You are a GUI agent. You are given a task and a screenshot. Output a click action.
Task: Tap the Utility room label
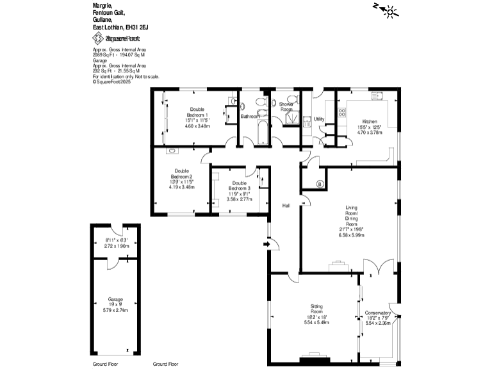[x=319, y=120]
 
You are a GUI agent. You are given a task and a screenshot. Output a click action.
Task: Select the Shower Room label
[x=286, y=106]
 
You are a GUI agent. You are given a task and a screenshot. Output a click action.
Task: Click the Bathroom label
[x=250, y=117]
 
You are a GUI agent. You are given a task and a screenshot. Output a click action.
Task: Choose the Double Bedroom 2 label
[x=181, y=173]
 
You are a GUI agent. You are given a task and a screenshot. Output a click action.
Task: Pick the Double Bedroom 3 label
[x=240, y=185]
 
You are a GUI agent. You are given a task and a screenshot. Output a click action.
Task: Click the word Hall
[x=286, y=206]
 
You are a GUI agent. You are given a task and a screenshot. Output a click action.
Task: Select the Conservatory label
[x=378, y=313]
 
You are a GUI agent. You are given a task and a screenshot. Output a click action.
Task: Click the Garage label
[x=116, y=299]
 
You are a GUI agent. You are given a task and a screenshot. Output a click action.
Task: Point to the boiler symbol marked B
[x=319, y=184]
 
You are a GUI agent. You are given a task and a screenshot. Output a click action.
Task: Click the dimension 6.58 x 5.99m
[x=351, y=235]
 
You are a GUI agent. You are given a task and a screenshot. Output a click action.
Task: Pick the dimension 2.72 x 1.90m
[x=117, y=246]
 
